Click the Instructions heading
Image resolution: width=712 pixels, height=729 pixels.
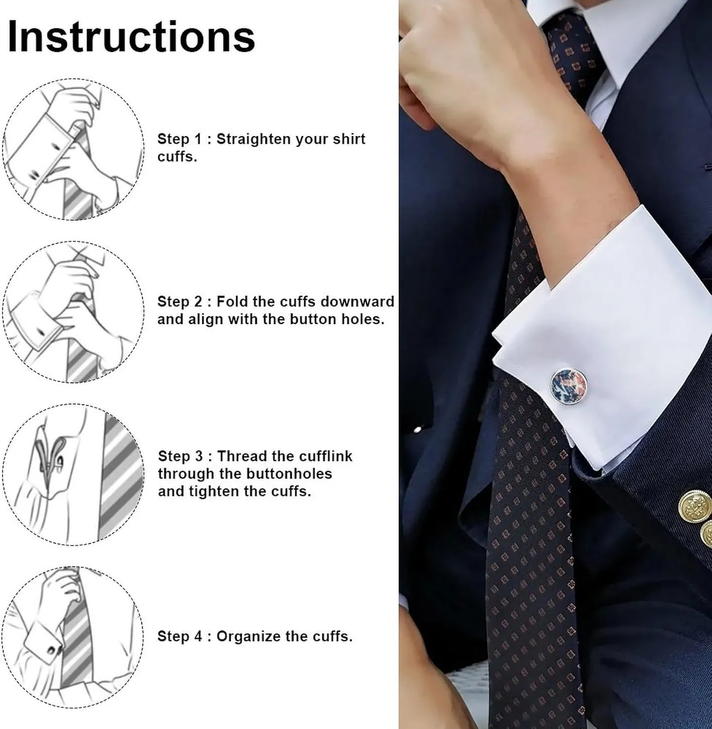pos(132,36)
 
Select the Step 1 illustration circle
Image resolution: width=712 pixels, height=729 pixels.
pos(74,149)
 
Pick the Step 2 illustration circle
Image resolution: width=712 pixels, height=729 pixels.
pos(74,312)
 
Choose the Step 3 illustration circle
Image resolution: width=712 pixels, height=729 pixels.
pos(74,474)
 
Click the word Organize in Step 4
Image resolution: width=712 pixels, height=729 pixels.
pos(247,637)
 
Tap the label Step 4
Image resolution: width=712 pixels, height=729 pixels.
pos(180,637)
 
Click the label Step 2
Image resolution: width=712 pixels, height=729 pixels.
pos(180,302)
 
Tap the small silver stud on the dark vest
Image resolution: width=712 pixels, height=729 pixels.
pos(419,429)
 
